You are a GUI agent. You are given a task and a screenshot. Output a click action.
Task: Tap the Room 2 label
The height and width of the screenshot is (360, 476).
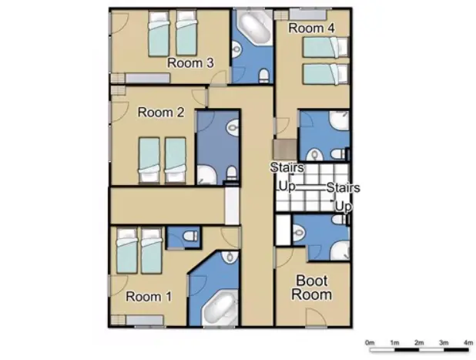click(160, 112)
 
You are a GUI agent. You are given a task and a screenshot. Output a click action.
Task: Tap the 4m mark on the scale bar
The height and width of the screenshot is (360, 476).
click(468, 341)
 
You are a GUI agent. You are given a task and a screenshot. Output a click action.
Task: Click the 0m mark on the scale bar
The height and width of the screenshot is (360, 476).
click(370, 341)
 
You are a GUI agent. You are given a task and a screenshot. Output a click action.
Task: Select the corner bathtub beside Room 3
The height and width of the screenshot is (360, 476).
click(250, 31)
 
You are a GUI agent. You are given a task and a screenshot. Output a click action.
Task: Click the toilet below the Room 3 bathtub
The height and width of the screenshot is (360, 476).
click(264, 74)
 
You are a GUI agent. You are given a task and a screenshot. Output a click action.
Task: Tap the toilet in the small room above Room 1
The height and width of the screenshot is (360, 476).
click(191, 235)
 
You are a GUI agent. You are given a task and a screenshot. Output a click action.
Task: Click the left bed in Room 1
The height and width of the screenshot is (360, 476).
click(126, 252)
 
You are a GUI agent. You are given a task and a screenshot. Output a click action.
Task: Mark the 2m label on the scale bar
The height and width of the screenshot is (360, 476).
click(418, 341)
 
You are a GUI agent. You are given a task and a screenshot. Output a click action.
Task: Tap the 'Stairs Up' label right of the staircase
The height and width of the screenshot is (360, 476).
click(343, 197)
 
